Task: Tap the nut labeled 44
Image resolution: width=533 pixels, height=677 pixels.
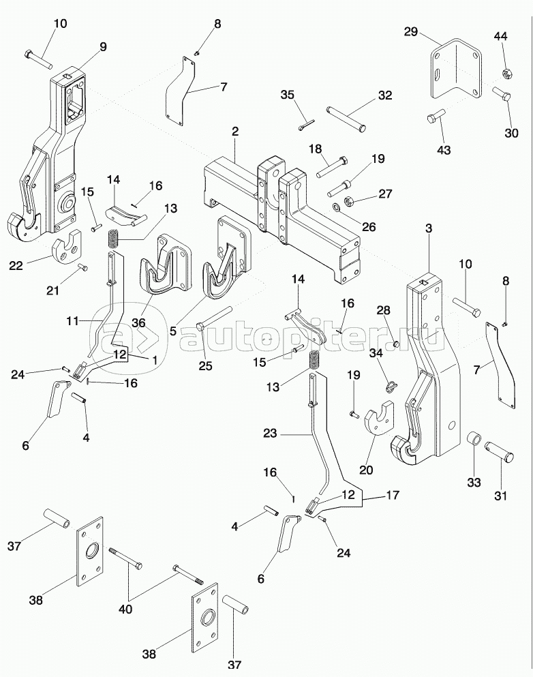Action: tap(506, 72)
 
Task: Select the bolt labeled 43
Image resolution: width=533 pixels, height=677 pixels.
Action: tap(433, 121)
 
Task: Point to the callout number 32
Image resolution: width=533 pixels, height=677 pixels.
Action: tap(385, 95)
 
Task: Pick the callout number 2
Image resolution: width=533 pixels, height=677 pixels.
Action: tap(234, 130)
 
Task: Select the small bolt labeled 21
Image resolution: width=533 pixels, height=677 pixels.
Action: tap(82, 267)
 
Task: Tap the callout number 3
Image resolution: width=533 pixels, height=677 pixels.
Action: tap(428, 229)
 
